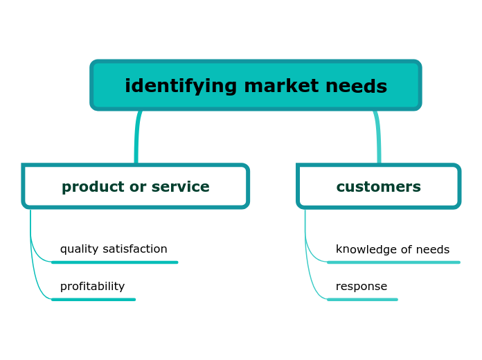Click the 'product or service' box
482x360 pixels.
click(135, 187)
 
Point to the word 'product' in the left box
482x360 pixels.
click(91, 187)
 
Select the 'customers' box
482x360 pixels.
click(378, 187)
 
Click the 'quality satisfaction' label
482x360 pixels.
click(114, 249)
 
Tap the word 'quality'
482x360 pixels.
click(80, 249)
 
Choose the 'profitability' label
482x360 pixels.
click(92, 287)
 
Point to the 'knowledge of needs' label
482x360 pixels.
click(392, 250)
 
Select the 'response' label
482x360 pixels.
click(361, 287)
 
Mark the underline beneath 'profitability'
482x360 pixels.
click(93, 300)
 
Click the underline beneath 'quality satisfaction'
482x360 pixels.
click(115, 262)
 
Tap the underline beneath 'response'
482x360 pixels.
click(362, 300)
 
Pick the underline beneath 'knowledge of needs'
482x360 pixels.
click(393, 262)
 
